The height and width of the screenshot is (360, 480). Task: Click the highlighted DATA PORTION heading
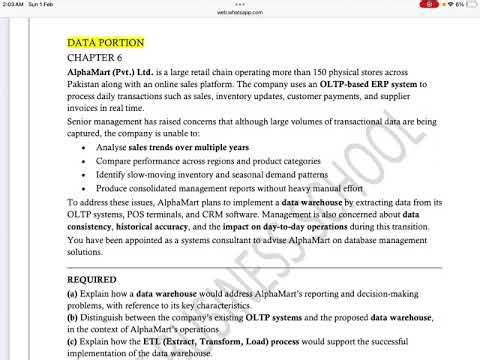105,43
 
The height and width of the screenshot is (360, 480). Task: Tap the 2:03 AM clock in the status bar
14,4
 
